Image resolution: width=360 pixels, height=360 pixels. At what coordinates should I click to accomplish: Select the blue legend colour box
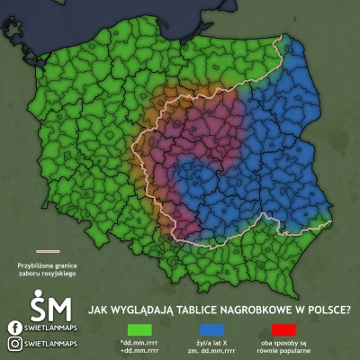click(213, 330)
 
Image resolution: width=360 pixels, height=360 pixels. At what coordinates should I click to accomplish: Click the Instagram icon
click(15, 343)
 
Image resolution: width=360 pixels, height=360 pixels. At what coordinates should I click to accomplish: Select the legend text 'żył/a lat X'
click(212, 345)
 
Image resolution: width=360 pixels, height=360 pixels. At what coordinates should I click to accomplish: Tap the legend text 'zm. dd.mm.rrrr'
click(213, 352)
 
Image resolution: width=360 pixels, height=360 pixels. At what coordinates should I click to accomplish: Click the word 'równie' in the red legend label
click(270, 352)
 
